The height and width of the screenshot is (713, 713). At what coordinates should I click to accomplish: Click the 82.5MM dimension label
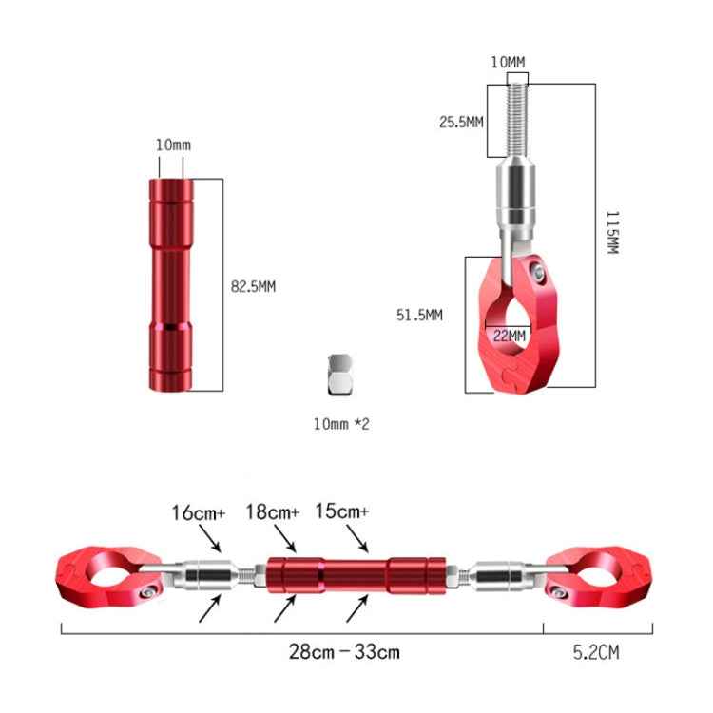(253, 285)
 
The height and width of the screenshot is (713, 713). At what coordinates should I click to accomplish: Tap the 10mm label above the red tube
(173, 145)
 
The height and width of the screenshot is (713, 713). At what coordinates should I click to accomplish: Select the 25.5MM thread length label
(461, 122)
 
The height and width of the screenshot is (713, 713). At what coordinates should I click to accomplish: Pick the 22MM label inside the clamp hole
(510, 335)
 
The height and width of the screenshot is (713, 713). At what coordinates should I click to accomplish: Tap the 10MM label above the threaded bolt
(507, 63)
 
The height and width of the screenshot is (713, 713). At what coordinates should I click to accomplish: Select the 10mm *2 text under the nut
(340, 423)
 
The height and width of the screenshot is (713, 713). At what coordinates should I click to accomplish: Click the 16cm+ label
(198, 512)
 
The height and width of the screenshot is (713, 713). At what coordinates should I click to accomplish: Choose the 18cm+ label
(273, 512)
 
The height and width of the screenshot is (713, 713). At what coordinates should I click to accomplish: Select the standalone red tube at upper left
(168, 284)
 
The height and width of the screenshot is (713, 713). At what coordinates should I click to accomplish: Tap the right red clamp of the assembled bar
(608, 574)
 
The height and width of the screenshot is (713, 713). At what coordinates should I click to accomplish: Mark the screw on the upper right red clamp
(538, 277)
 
